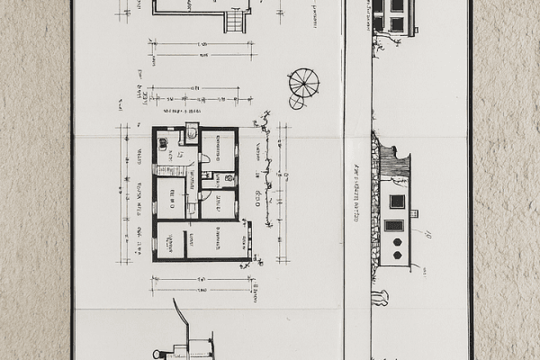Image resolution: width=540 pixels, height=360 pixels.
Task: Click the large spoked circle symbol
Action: coord(304,82)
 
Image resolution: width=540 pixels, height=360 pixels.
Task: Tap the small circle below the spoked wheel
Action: coord(296,103)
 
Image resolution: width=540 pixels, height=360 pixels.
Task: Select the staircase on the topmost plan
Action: coord(236,21)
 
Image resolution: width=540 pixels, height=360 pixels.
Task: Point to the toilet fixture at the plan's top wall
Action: coord(192,132)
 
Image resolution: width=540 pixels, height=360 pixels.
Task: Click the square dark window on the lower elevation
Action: coord(396,202)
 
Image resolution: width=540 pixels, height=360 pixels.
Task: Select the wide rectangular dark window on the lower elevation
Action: coord(394,225)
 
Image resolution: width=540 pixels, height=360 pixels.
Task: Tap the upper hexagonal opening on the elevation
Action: coord(397,242)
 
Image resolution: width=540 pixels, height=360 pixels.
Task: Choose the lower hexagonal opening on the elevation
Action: coord(397,255)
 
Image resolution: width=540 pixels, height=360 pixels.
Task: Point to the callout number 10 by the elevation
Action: coord(427,236)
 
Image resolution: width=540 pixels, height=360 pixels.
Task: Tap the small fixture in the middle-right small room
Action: coord(219,178)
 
